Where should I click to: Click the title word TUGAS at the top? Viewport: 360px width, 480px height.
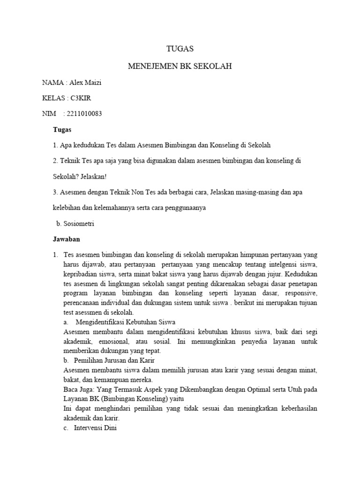[180, 49]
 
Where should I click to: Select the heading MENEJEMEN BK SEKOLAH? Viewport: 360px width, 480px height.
[180, 67]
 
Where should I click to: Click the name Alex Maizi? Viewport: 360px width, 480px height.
[85, 83]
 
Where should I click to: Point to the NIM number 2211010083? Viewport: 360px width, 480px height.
[85, 113]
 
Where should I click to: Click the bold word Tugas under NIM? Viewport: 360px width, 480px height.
[62, 129]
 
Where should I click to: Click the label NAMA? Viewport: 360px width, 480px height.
[52, 83]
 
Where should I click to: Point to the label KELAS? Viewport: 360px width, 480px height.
[53, 98]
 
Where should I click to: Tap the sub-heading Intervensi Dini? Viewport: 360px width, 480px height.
[93, 427]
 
